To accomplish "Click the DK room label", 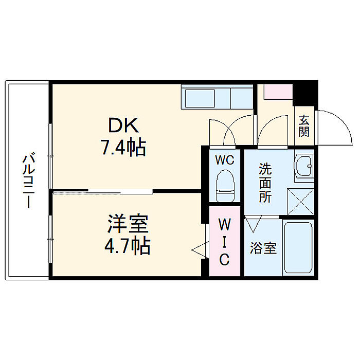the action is coord(123,125).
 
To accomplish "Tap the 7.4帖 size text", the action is coord(123,147).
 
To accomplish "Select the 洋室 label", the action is coord(128,223).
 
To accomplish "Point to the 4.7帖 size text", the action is coord(128,245).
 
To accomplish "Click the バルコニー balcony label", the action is coord(28,181).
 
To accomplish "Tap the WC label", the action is coord(225,160).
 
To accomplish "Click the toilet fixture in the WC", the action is coord(225,186).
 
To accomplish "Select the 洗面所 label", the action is coord(265,183).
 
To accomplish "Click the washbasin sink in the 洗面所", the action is coord(304,167).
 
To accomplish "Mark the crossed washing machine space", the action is coord(300,202).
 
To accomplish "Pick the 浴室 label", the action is coord(263,248).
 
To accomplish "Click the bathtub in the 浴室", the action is coord(298,247).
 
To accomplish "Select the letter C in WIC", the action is coord(224,259).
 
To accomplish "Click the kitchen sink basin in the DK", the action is coord(200,98).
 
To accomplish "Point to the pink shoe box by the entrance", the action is coord(278,92).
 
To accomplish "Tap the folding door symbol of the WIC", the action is coord(200,250).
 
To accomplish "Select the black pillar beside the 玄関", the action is coord(305,93).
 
